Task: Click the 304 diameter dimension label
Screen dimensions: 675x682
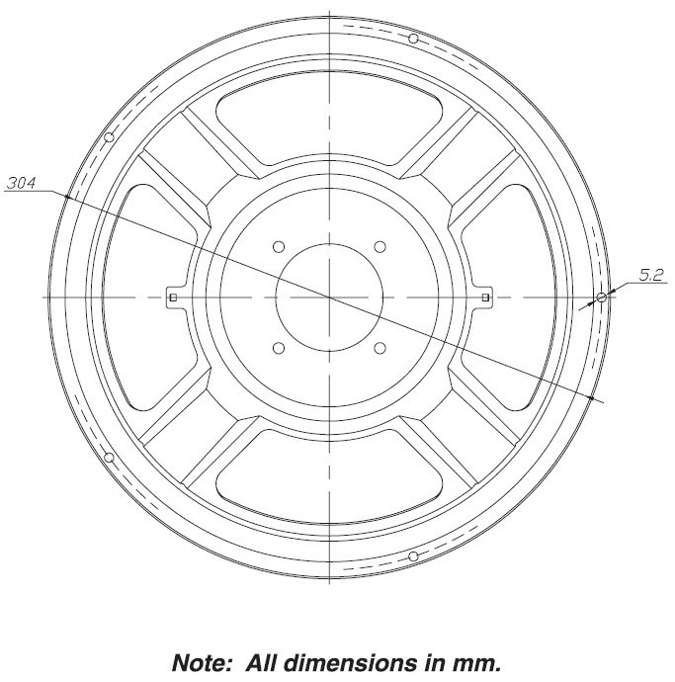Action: click(22, 183)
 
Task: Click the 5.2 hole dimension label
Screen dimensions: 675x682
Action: click(651, 275)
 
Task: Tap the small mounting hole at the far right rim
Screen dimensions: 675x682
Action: click(602, 298)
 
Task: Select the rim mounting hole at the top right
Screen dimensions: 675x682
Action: click(414, 39)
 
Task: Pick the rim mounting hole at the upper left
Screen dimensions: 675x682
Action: click(109, 137)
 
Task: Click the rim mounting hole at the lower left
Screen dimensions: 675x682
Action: click(109, 458)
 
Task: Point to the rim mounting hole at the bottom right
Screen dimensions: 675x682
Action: click(414, 556)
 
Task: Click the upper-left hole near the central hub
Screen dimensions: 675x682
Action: click(279, 247)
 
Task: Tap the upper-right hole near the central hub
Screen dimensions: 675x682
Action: click(380, 247)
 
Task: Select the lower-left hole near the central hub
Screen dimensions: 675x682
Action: click(279, 348)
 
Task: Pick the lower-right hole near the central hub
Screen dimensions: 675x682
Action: click(380, 348)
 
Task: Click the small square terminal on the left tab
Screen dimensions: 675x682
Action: click(173, 298)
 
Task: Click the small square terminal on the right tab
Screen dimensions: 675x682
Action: click(486, 298)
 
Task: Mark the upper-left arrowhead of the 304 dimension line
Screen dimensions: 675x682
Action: click(67, 198)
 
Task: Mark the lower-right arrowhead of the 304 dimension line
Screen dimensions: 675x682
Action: click(591, 397)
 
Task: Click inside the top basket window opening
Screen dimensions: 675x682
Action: click(329, 120)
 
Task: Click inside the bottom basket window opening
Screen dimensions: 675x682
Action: click(329, 476)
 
